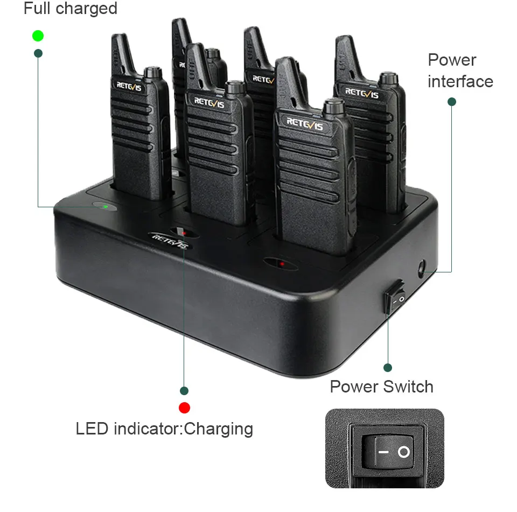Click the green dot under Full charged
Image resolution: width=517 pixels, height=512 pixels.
[38, 36]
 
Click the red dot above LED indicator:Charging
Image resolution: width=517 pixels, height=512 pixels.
[184, 408]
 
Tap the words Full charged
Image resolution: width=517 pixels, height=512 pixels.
[71, 9]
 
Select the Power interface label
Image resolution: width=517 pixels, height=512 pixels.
[460, 71]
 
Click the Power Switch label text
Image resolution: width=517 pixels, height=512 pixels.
[381, 387]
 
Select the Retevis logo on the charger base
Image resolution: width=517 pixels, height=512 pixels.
[168, 240]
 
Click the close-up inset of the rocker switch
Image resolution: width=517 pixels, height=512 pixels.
[385, 448]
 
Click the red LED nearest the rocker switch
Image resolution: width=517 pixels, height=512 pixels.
[282, 263]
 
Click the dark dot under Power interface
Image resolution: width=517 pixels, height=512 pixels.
[452, 101]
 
